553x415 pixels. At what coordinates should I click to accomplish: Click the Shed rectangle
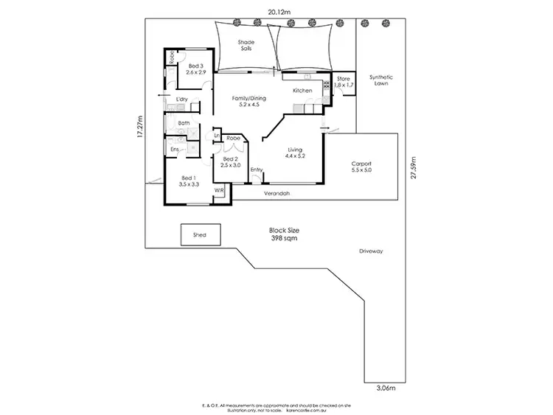(x=200, y=235)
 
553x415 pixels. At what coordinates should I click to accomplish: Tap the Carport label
(x=361, y=167)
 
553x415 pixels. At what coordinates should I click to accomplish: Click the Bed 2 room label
(x=230, y=162)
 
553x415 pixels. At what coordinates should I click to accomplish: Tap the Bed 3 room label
(x=195, y=70)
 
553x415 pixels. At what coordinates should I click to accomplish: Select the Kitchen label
(x=303, y=91)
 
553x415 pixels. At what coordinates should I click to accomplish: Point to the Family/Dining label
(x=248, y=102)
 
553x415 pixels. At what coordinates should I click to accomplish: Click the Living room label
(x=294, y=154)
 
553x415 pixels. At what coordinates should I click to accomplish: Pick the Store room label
(x=344, y=81)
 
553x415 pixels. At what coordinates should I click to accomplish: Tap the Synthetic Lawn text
(x=380, y=80)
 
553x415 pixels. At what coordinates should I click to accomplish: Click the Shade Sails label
(x=246, y=46)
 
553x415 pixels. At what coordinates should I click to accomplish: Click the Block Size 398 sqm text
(x=283, y=234)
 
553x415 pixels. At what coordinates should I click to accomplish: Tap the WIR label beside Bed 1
(x=219, y=189)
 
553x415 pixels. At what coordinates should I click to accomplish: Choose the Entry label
(x=256, y=170)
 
